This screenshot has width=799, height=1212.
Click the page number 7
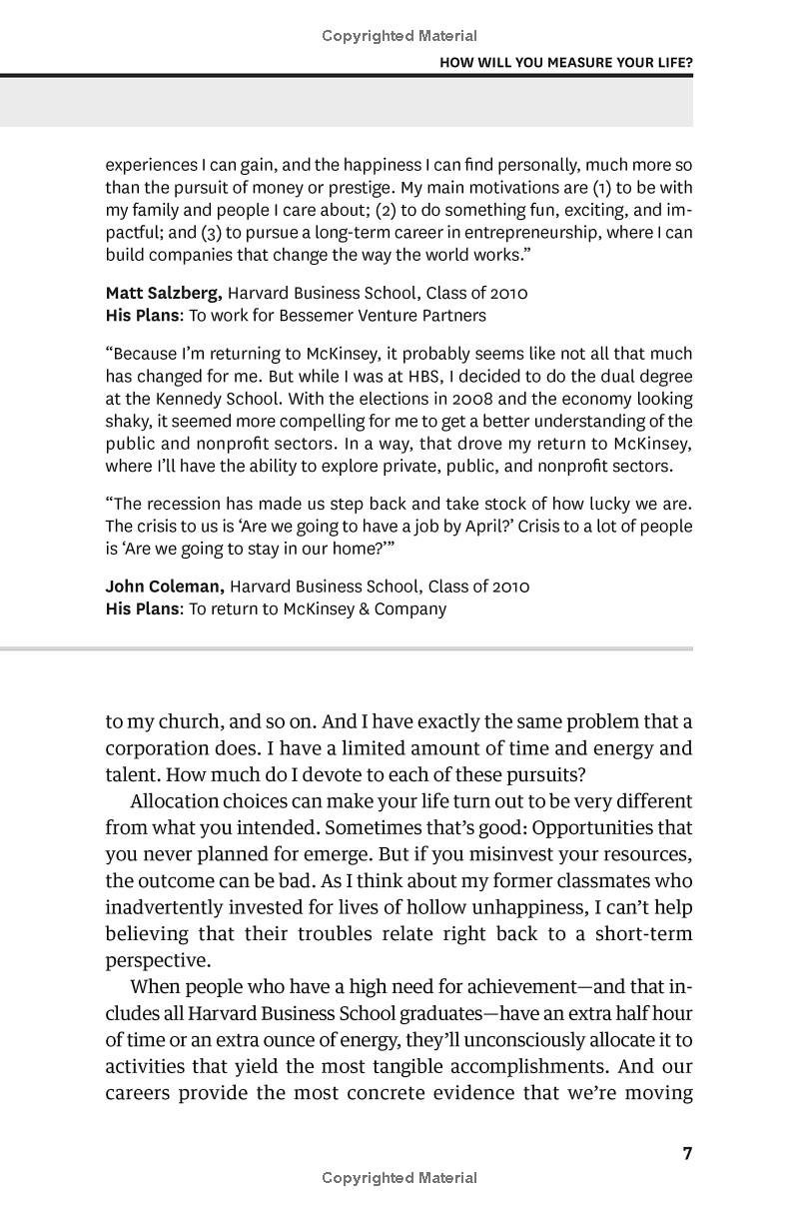point(686,1154)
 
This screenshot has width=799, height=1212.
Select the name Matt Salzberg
point(164,294)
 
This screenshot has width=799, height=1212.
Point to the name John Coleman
point(164,587)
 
